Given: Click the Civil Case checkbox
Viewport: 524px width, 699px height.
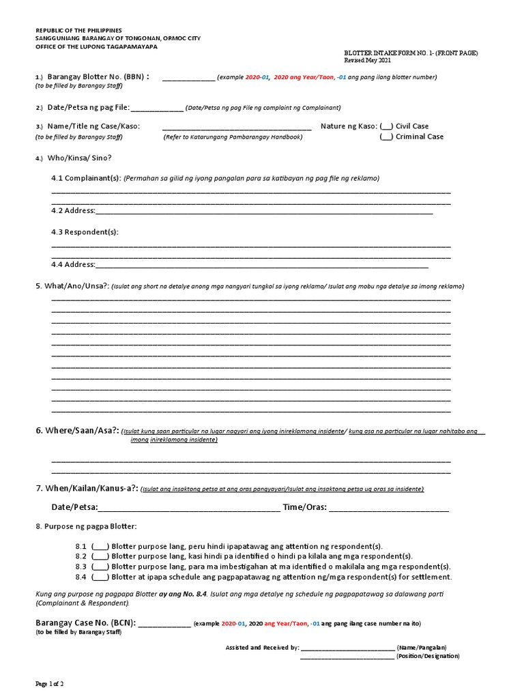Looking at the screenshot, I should click(x=386, y=126).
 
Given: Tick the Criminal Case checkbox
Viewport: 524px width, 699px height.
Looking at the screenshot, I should click(x=386, y=137).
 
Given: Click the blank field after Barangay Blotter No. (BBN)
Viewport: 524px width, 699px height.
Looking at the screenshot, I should click(x=188, y=78).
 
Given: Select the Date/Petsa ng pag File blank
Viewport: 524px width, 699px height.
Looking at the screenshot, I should click(x=156, y=108).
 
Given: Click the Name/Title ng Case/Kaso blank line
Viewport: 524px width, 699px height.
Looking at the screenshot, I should click(x=236, y=127).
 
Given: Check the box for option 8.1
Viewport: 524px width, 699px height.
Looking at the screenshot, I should click(x=100, y=547).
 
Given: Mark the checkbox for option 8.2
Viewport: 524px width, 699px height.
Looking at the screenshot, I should click(x=100, y=557).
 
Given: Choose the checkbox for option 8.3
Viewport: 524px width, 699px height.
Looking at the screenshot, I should click(x=100, y=567).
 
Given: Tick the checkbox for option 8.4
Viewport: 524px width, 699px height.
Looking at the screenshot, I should click(x=100, y=577).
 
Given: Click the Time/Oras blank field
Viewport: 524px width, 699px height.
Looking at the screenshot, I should click(x=389, y=508).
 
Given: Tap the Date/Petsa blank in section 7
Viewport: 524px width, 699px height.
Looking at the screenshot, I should click(x=189, y=508).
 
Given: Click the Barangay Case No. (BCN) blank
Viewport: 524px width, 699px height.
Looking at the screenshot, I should click(x=164, y=624).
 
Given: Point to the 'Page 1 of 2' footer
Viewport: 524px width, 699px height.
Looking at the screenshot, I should click(x=50, y=683).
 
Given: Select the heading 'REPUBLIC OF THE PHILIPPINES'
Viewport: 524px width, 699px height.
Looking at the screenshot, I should click(x=78, y=31).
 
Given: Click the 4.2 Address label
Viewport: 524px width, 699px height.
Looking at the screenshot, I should click(x=73, y=211).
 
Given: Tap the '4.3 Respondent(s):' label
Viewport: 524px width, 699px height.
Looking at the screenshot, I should click(x=85, y=232).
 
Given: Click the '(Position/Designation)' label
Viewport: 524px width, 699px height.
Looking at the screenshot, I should click(x=428, y=656).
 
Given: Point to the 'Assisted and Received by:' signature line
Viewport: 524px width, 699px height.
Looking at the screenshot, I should click(x=347, y=647).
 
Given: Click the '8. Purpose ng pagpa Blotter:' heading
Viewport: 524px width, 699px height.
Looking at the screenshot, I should click(x=86, y=526).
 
